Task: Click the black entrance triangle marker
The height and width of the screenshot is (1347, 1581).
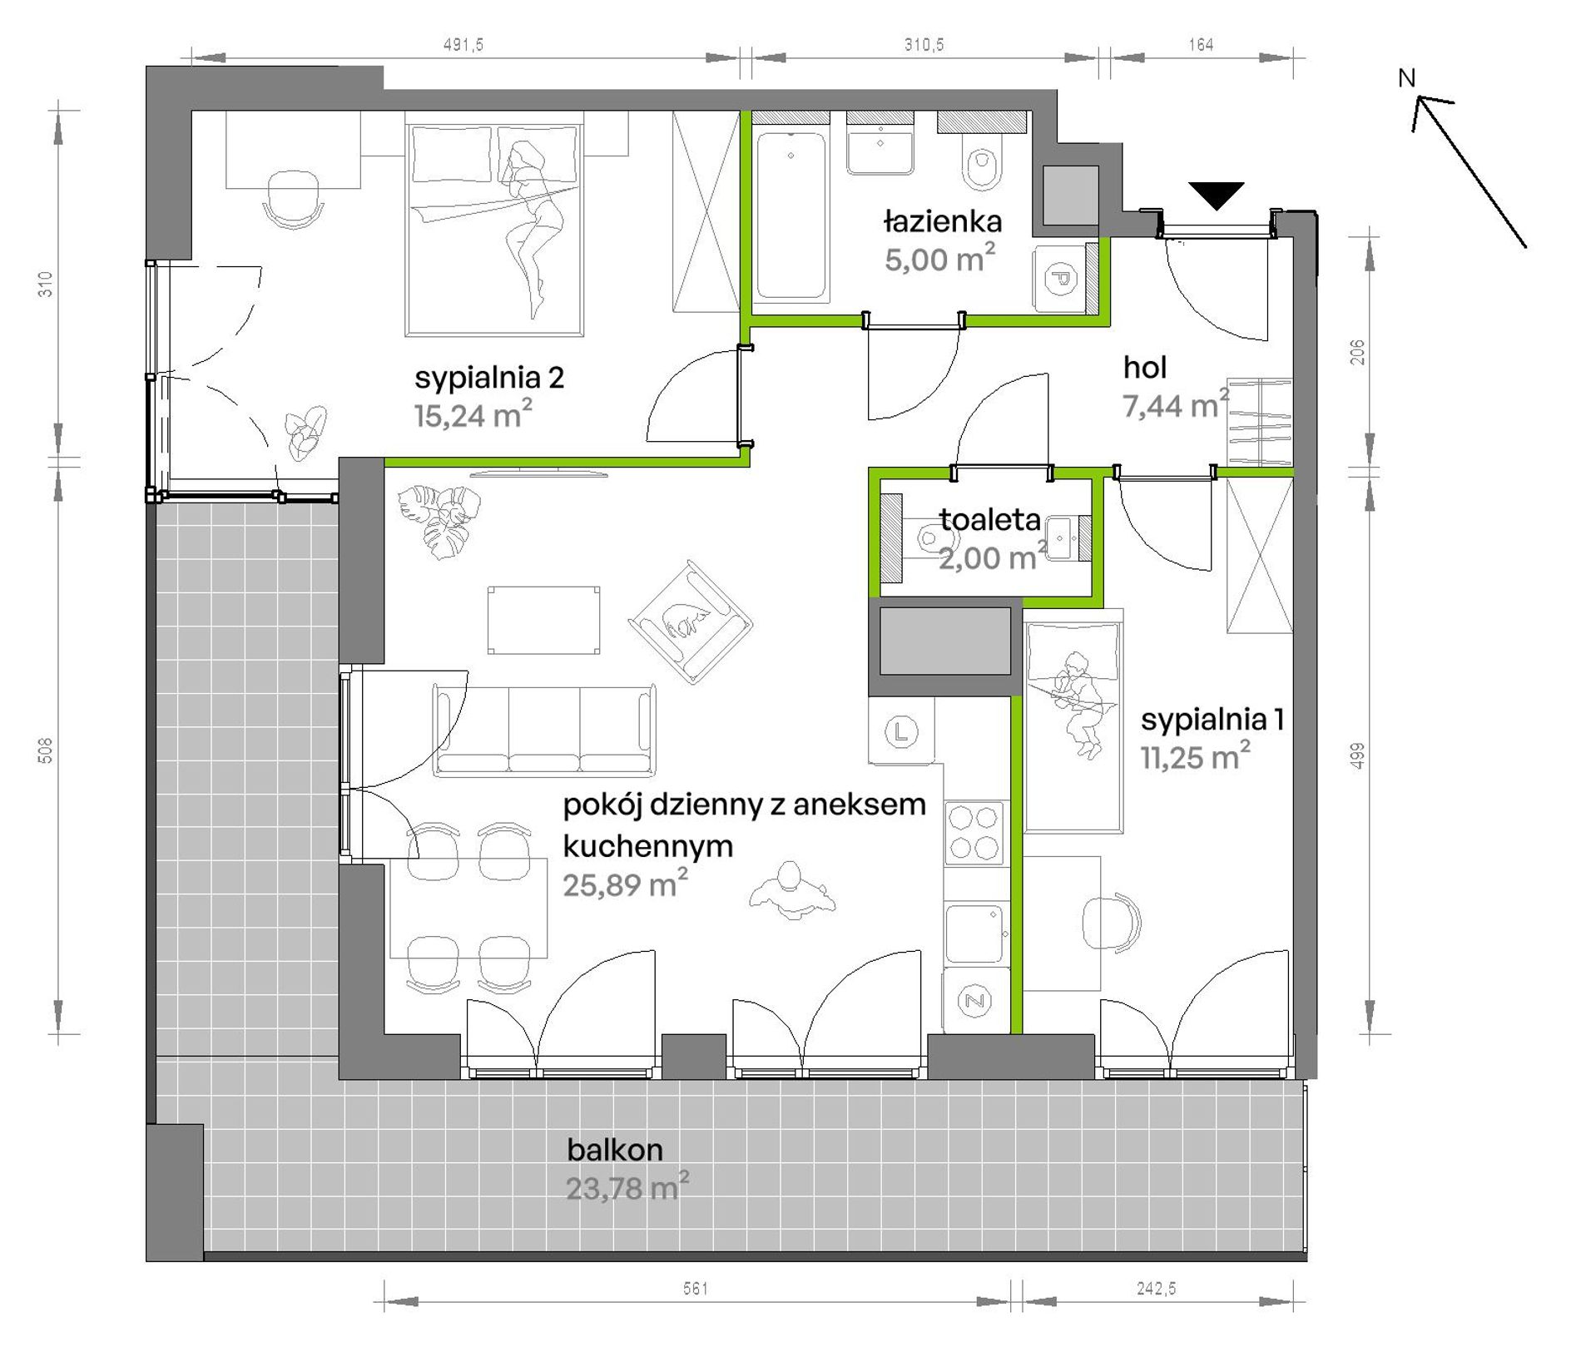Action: pyautogui.click(x=1216, y=195)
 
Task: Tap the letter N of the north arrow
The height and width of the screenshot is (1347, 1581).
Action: pyautogui.click(x=1406, y=78)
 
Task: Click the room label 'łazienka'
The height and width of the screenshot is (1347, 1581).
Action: pyautogui.click(x=942, y=222)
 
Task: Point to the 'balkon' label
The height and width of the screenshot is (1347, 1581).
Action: pyautogui.click(x=615, y=1150)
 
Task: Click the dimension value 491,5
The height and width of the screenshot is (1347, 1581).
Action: pyautogui.click(x=463, y=45)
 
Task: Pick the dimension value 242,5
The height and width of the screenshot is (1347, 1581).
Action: pyautogui.click(x=1156, y=1289)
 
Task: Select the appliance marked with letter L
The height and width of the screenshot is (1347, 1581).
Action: pyautogui.click(x=901, y=732)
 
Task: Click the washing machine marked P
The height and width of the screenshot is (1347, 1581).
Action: pyautogui.click(x=1059, y=278)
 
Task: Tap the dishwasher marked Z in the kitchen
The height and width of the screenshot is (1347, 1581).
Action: pyautogui.click(x=974, y=1000)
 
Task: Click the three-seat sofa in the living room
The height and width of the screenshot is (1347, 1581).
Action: pyautogui.click(x=544, y=730)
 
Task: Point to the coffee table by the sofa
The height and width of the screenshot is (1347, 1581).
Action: pyautogui.click(x=543, y=620)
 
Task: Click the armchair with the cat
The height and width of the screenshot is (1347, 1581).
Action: pyautogui.click(x=690, y=622)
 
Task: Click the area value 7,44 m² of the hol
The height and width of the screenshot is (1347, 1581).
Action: pyautogui.click(x=1176, y=405)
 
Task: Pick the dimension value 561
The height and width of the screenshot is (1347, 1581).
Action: pyautogui.click(x=696, y=1289)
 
